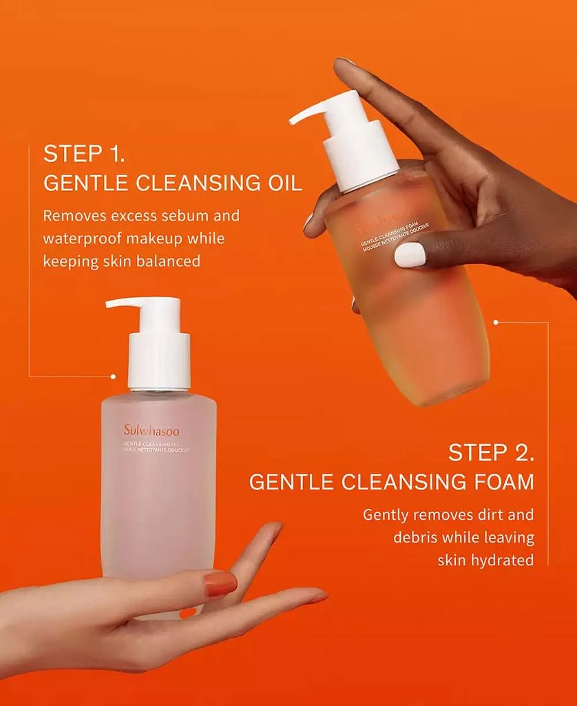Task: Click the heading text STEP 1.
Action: pos(84,154)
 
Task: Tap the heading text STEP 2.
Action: pos(491,453)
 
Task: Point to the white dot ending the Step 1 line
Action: pos(114,376)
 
